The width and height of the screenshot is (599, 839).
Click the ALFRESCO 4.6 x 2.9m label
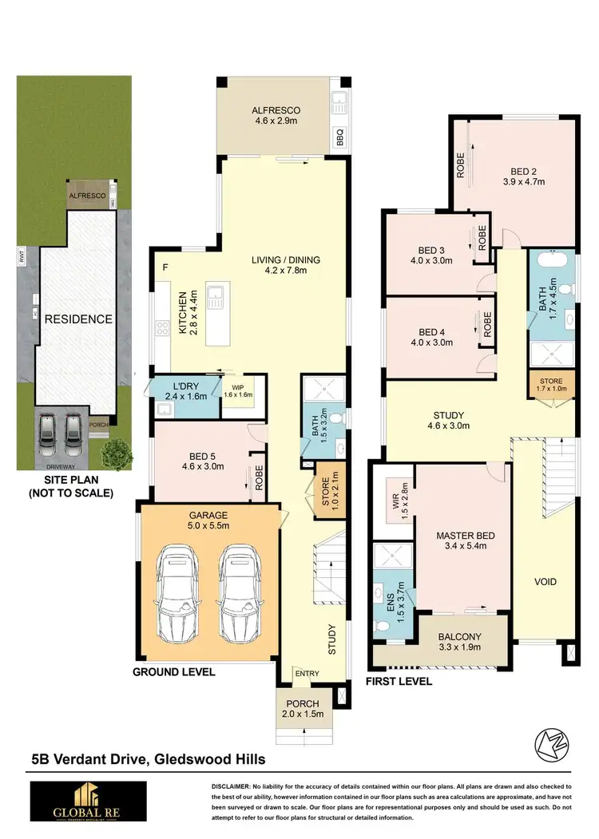pos(276,117)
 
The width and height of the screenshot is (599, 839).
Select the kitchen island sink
pos(215,300)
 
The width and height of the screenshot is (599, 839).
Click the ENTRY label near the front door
pos(307,674)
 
